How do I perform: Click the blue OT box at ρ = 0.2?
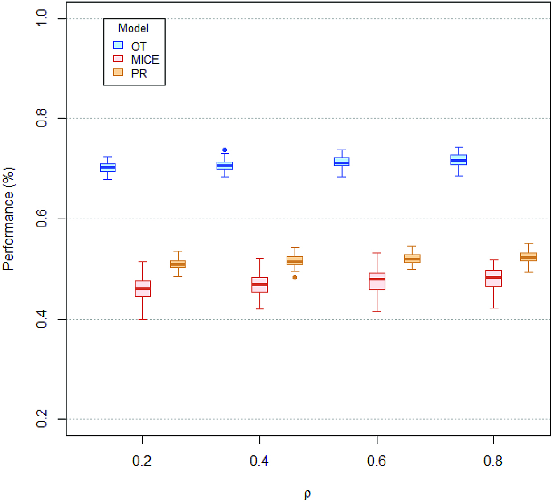coord(107,168)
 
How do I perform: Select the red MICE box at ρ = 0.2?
coord(143,289)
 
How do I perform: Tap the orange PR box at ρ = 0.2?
coord(178,264)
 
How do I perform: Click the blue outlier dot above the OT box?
coord(225,150)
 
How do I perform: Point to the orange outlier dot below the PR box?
coord(295,277)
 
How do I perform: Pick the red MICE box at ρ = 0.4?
coord(260,285)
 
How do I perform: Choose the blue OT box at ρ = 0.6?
coord(342,162)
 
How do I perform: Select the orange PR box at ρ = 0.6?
coord(412,259)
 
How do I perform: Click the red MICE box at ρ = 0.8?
coord(493,278)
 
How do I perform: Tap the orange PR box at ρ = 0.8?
coord(528,257)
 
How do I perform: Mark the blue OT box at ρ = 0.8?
coord(459,160)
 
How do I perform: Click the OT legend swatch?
coord(118,45)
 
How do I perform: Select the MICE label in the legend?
coord(145,60)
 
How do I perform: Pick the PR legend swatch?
coord(118,72)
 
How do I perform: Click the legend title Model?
coord(133,28)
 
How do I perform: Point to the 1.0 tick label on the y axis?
coord(41,18)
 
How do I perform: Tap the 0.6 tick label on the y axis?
coord(41,219)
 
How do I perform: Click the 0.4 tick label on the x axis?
coord(259,461)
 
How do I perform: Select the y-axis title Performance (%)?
coord(8,219)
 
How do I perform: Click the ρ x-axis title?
coord(307,494)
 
